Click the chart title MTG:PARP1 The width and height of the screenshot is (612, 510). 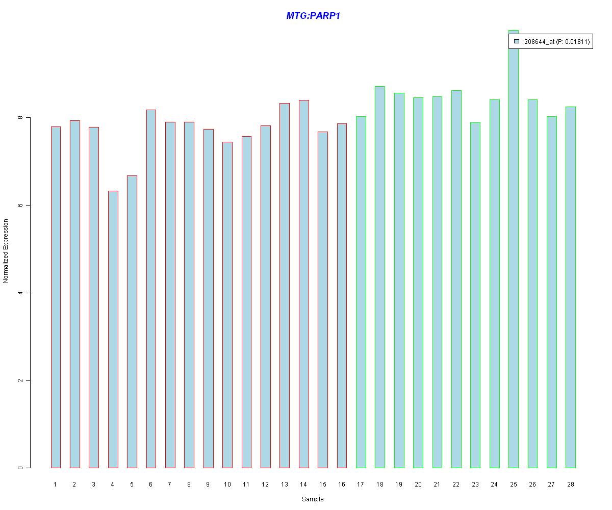tap(313, 16)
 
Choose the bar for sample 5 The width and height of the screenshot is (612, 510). tap(132, 321)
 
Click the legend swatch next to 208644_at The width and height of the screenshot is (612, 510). tap(517, 42)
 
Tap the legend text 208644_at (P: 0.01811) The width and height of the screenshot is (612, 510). tap(557, 42)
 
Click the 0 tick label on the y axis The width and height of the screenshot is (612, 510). tap(20, 468)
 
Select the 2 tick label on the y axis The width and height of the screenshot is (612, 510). tap(20, 380)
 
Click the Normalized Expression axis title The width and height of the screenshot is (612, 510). tap(6, 251)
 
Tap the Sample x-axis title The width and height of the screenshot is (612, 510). tap(313, 499)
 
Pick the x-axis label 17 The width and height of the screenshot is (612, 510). tap(361, 484)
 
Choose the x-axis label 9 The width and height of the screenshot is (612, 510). tap(208, 484)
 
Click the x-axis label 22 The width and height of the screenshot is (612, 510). tap(456, 484)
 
